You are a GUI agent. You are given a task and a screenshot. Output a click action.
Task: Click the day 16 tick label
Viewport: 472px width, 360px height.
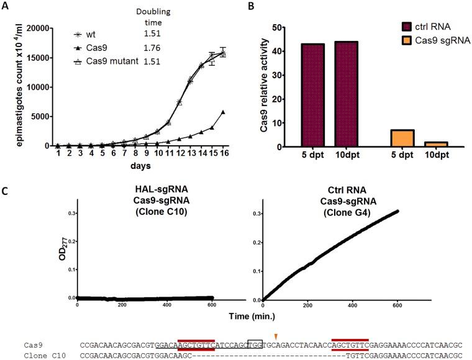[x=222, y=153]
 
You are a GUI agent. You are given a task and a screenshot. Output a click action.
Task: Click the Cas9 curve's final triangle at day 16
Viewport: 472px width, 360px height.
[x=222, y=112]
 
